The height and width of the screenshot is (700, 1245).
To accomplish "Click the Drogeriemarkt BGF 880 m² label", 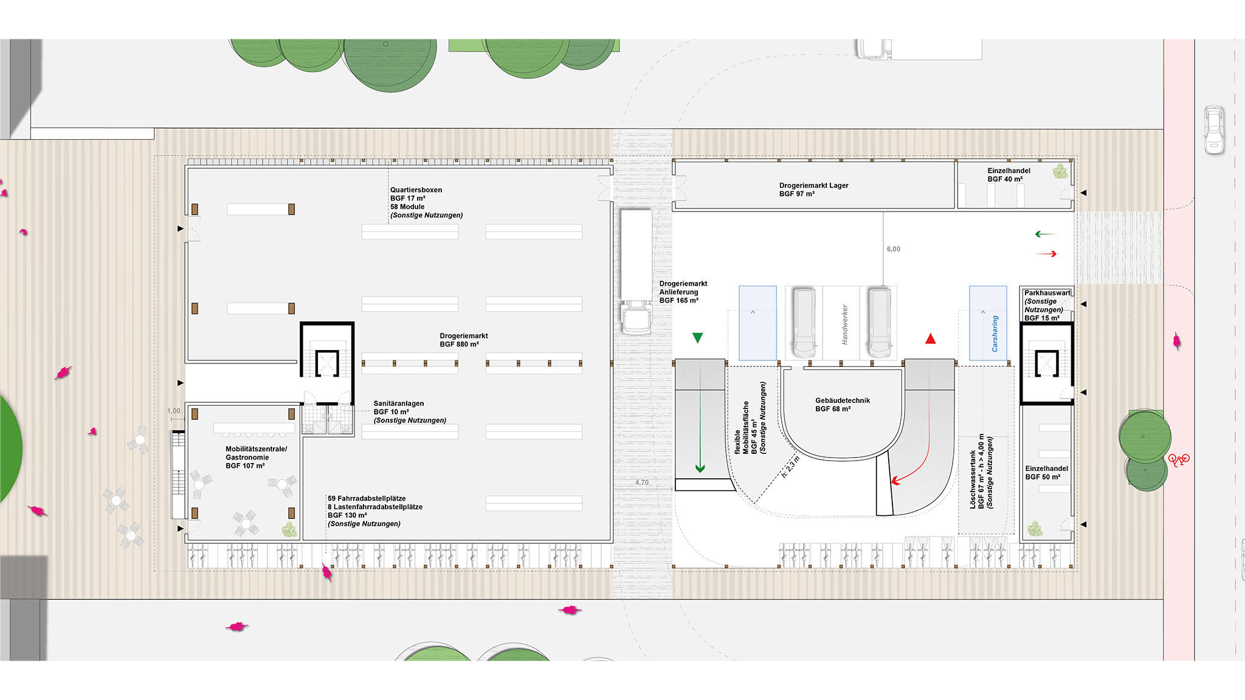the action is (x=463, y=340).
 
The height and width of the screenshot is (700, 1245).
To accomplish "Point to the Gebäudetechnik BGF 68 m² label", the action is (x=842, y=405).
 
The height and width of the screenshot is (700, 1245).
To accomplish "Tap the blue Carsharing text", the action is (x=995, y=334).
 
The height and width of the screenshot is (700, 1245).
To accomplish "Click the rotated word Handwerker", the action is (x=844, y=325).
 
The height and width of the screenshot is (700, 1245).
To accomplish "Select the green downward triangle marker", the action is (x=697, y=338).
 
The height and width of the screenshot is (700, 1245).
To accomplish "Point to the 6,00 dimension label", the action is (x=893, y=249).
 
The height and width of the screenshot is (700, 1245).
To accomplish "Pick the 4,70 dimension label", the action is (x=642, y=482).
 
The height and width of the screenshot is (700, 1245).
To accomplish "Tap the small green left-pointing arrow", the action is (x=1045, y=234).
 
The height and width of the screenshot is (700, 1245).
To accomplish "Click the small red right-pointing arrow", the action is (x=1047, y=254).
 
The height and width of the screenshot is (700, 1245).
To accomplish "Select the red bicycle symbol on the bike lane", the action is (x=1179, y=460).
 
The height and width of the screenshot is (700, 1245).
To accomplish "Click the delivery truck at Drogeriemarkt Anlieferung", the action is (x=636, y=270).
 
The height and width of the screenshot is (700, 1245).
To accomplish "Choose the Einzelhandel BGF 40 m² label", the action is (x=1009, y=175).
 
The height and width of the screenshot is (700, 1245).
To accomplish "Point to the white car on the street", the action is (x=1214, y=130).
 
